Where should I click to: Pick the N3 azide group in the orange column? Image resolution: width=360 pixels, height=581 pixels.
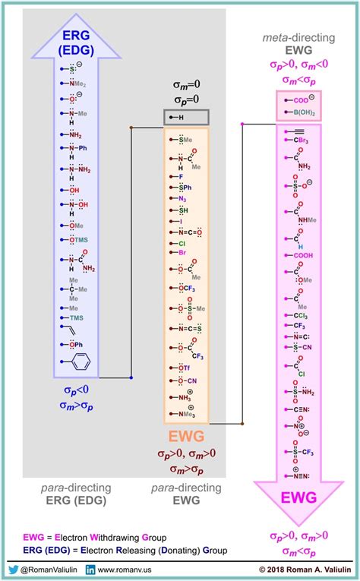click(182, 198)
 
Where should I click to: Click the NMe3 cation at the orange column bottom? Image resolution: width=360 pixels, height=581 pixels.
click(185, 413)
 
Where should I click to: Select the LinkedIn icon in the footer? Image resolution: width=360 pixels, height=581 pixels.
click(90, 568)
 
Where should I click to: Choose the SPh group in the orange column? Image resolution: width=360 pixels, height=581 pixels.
click(183, 186)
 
